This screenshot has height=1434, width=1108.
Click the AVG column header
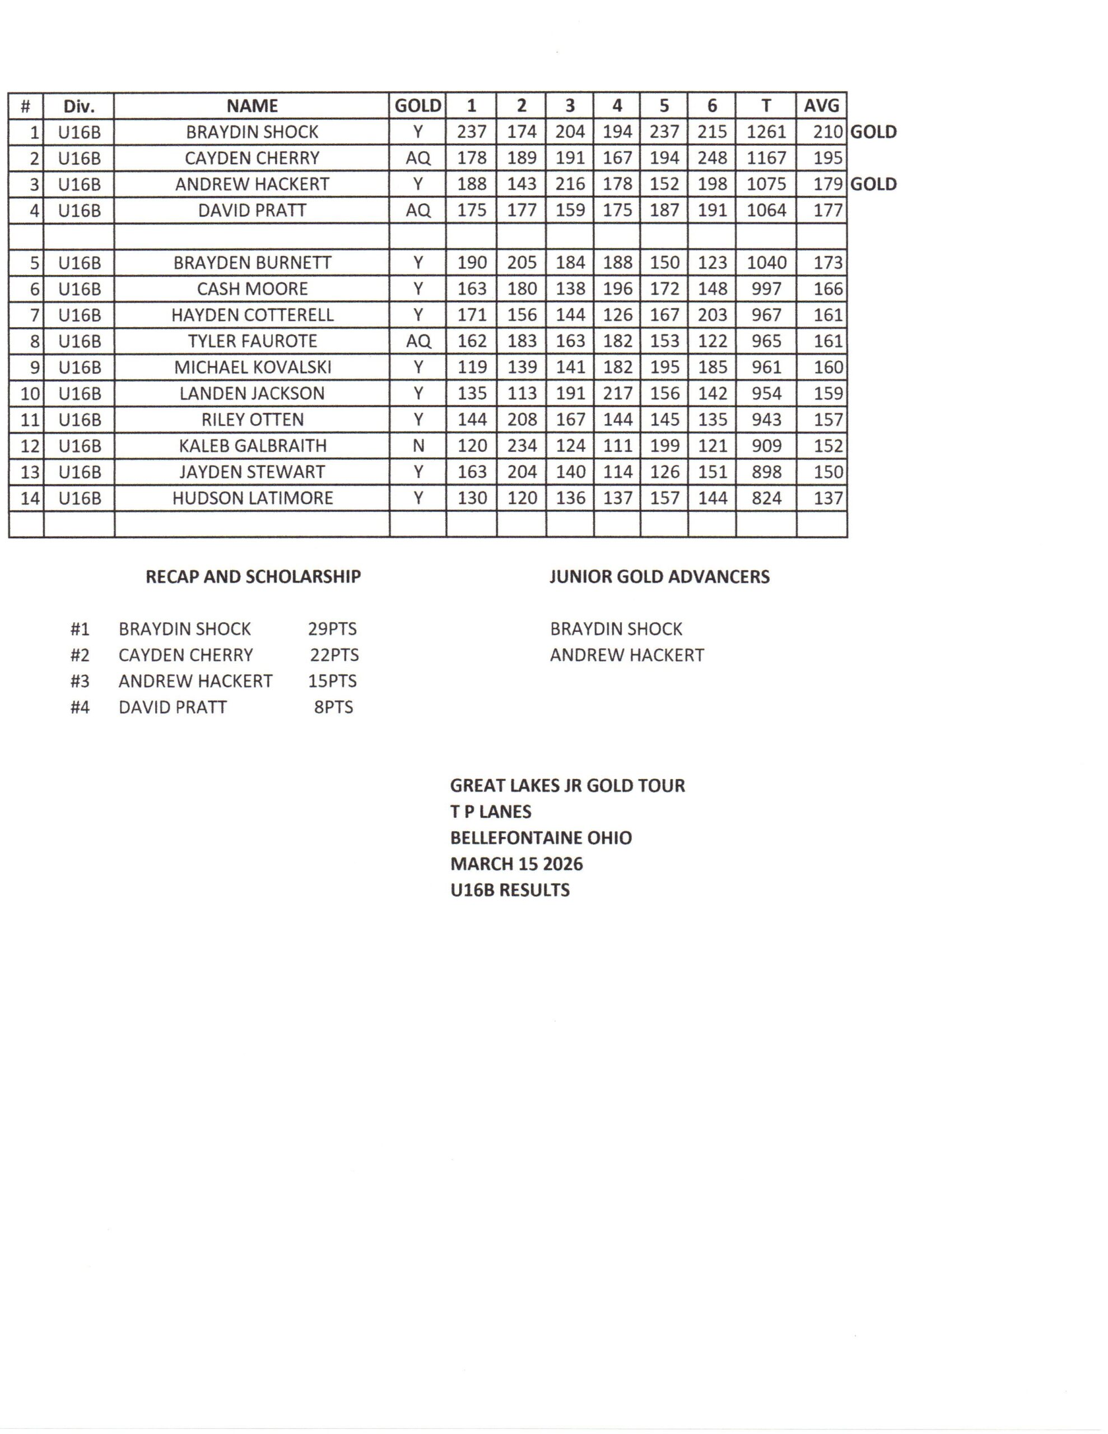point(821,106)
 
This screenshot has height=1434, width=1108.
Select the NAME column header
point(252,106)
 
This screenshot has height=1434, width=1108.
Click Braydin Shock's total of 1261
point(766,132)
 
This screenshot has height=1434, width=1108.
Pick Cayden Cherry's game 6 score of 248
point(712,158)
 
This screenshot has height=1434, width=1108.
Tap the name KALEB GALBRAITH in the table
point(252,446)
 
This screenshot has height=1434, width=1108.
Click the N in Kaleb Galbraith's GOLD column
point(418,446)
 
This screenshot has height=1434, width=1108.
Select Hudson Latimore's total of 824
point(766,499)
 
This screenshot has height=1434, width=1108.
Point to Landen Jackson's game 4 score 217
point(617,393)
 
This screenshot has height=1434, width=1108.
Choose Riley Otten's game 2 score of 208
point(522,420)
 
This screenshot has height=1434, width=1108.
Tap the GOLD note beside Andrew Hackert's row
point(873,184)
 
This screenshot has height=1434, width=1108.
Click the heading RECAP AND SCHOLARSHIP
point(253,576)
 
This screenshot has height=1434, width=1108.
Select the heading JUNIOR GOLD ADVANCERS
point(659,576)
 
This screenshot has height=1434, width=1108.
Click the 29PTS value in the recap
point(332,629)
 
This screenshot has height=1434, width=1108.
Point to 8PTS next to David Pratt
point(334,707)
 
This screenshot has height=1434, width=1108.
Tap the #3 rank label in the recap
point(80,681)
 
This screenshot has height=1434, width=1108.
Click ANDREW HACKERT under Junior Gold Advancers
point(627,655)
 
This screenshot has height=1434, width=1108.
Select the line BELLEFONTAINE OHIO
point(541,838)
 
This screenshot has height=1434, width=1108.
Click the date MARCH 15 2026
point(516,864)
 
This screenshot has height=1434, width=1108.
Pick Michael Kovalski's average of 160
point(827,367)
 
